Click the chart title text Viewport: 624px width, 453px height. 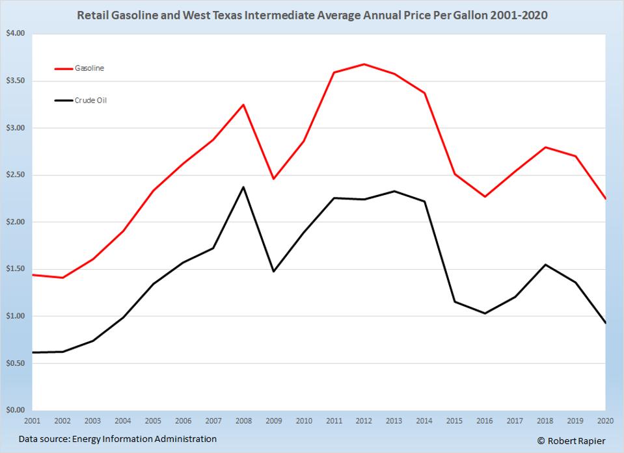[312, 14]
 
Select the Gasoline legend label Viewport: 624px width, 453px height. [89, 68]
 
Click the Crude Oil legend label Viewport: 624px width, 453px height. [90, 101]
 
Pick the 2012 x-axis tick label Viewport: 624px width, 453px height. [364, 421]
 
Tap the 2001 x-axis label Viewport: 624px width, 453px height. [33, 421]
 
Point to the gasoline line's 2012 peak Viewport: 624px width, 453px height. [364, 64]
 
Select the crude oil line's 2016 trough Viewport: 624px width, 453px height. [485, 313]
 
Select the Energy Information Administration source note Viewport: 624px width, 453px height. [117, 439]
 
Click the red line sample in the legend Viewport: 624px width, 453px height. [64, 68]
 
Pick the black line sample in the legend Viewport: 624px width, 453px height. [64, 101]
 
